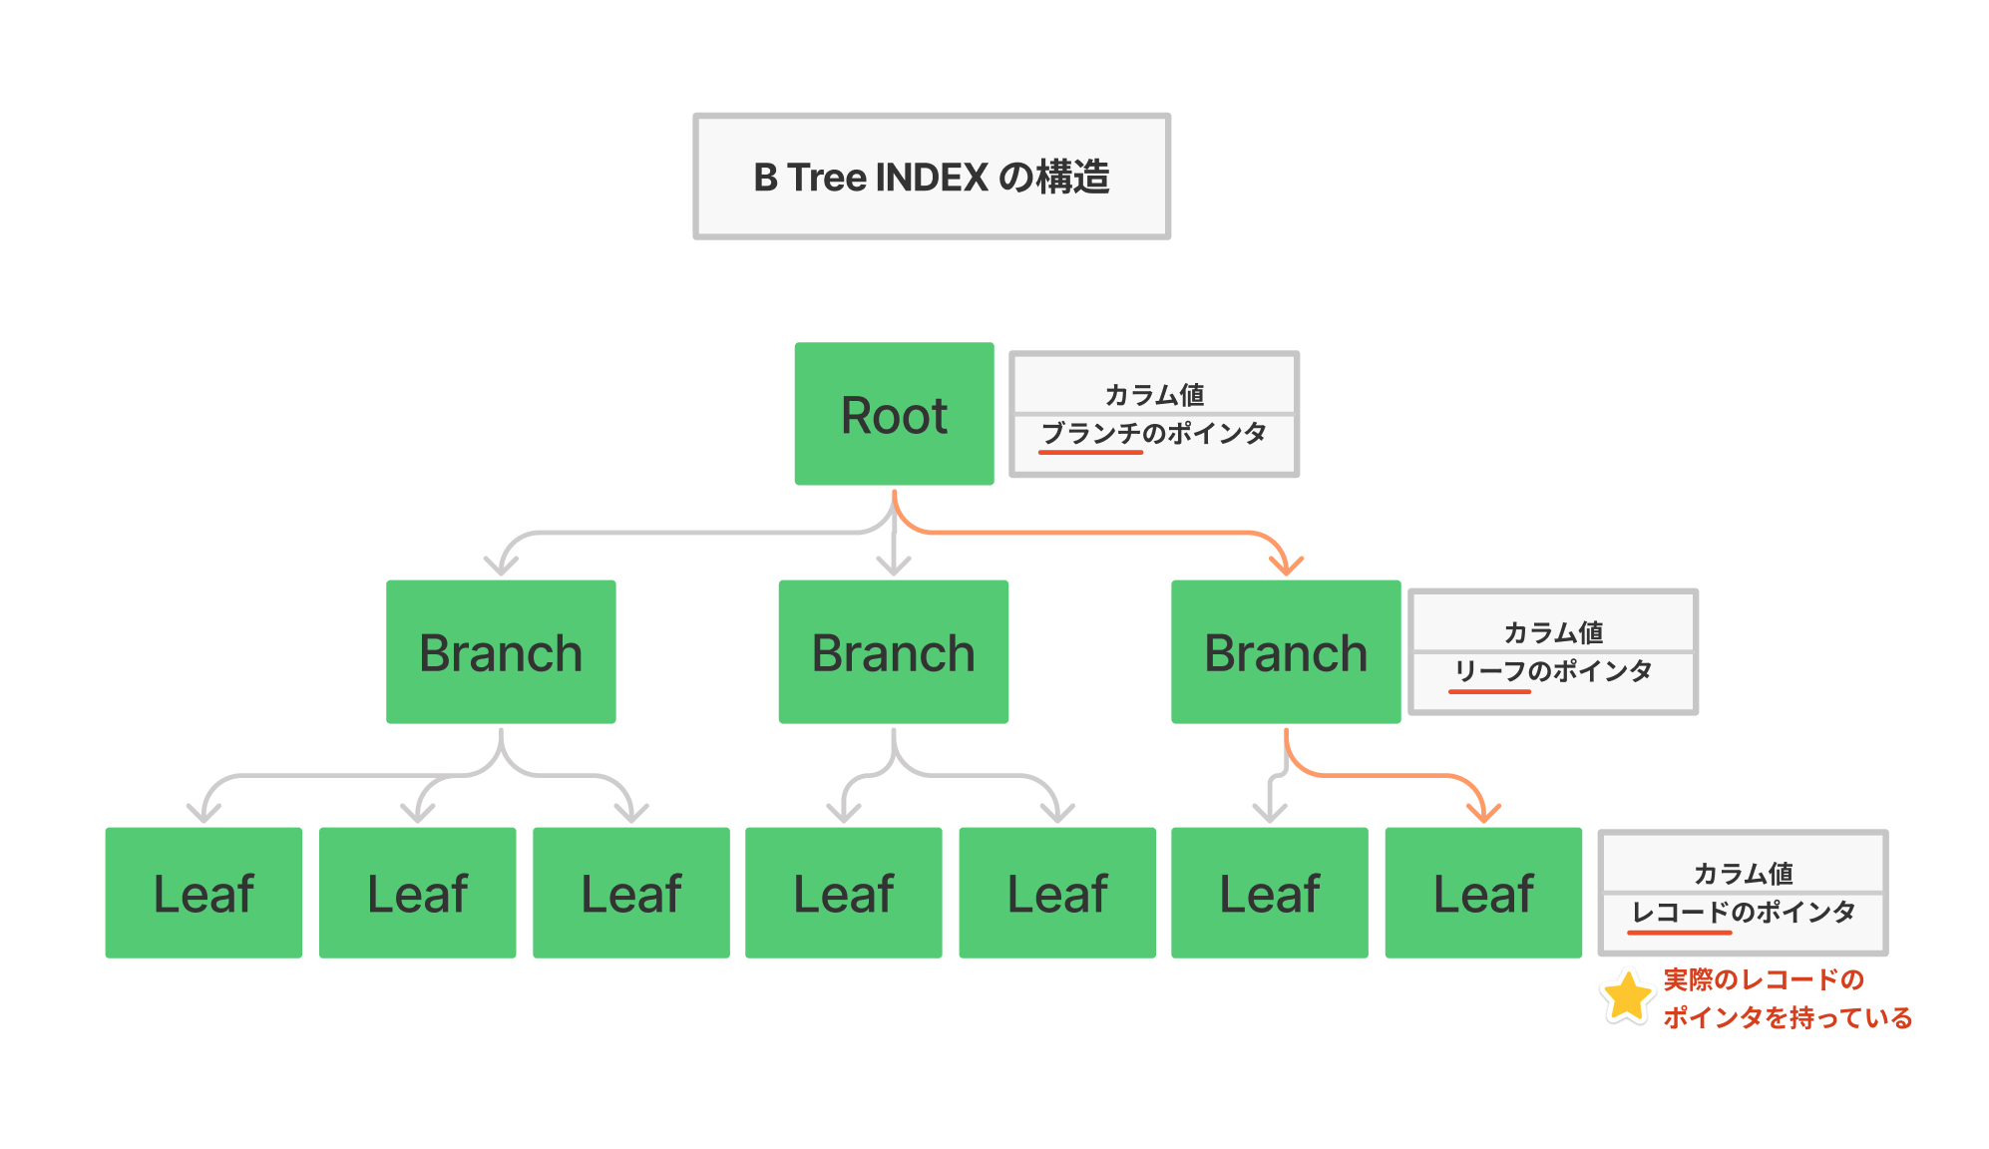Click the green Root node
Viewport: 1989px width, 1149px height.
click(894, 414)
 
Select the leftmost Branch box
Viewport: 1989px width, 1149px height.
click(501, 652)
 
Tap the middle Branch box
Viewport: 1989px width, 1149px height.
click(893, 652)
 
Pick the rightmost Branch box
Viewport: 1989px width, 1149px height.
click(1286, 652)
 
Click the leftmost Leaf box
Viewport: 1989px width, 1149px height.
click(203, 893)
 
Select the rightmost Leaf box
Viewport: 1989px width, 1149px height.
click(1483, 893)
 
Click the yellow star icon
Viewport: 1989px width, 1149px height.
click(1627, 997)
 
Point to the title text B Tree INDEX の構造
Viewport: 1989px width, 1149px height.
click(932, 178)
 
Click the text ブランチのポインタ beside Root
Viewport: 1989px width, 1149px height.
click(1154, 433)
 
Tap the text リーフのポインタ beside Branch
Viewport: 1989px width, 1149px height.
click(1553, 671)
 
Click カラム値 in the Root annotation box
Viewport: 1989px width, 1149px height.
click(1154, 395)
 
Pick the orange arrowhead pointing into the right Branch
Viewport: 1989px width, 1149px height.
click(1287, 567)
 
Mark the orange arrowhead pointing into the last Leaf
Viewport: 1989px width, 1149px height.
click(1484, 813)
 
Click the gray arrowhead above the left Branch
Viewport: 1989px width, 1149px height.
click(501, 566)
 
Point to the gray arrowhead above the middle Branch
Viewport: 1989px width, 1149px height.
click(894, 566)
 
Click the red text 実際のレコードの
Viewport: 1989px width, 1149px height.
click(1764, 979)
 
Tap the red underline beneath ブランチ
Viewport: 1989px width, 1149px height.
click(1090, 452)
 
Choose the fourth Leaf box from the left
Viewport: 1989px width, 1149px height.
click(844, 893)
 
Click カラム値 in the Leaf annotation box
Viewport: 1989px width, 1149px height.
click(1744, 874)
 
